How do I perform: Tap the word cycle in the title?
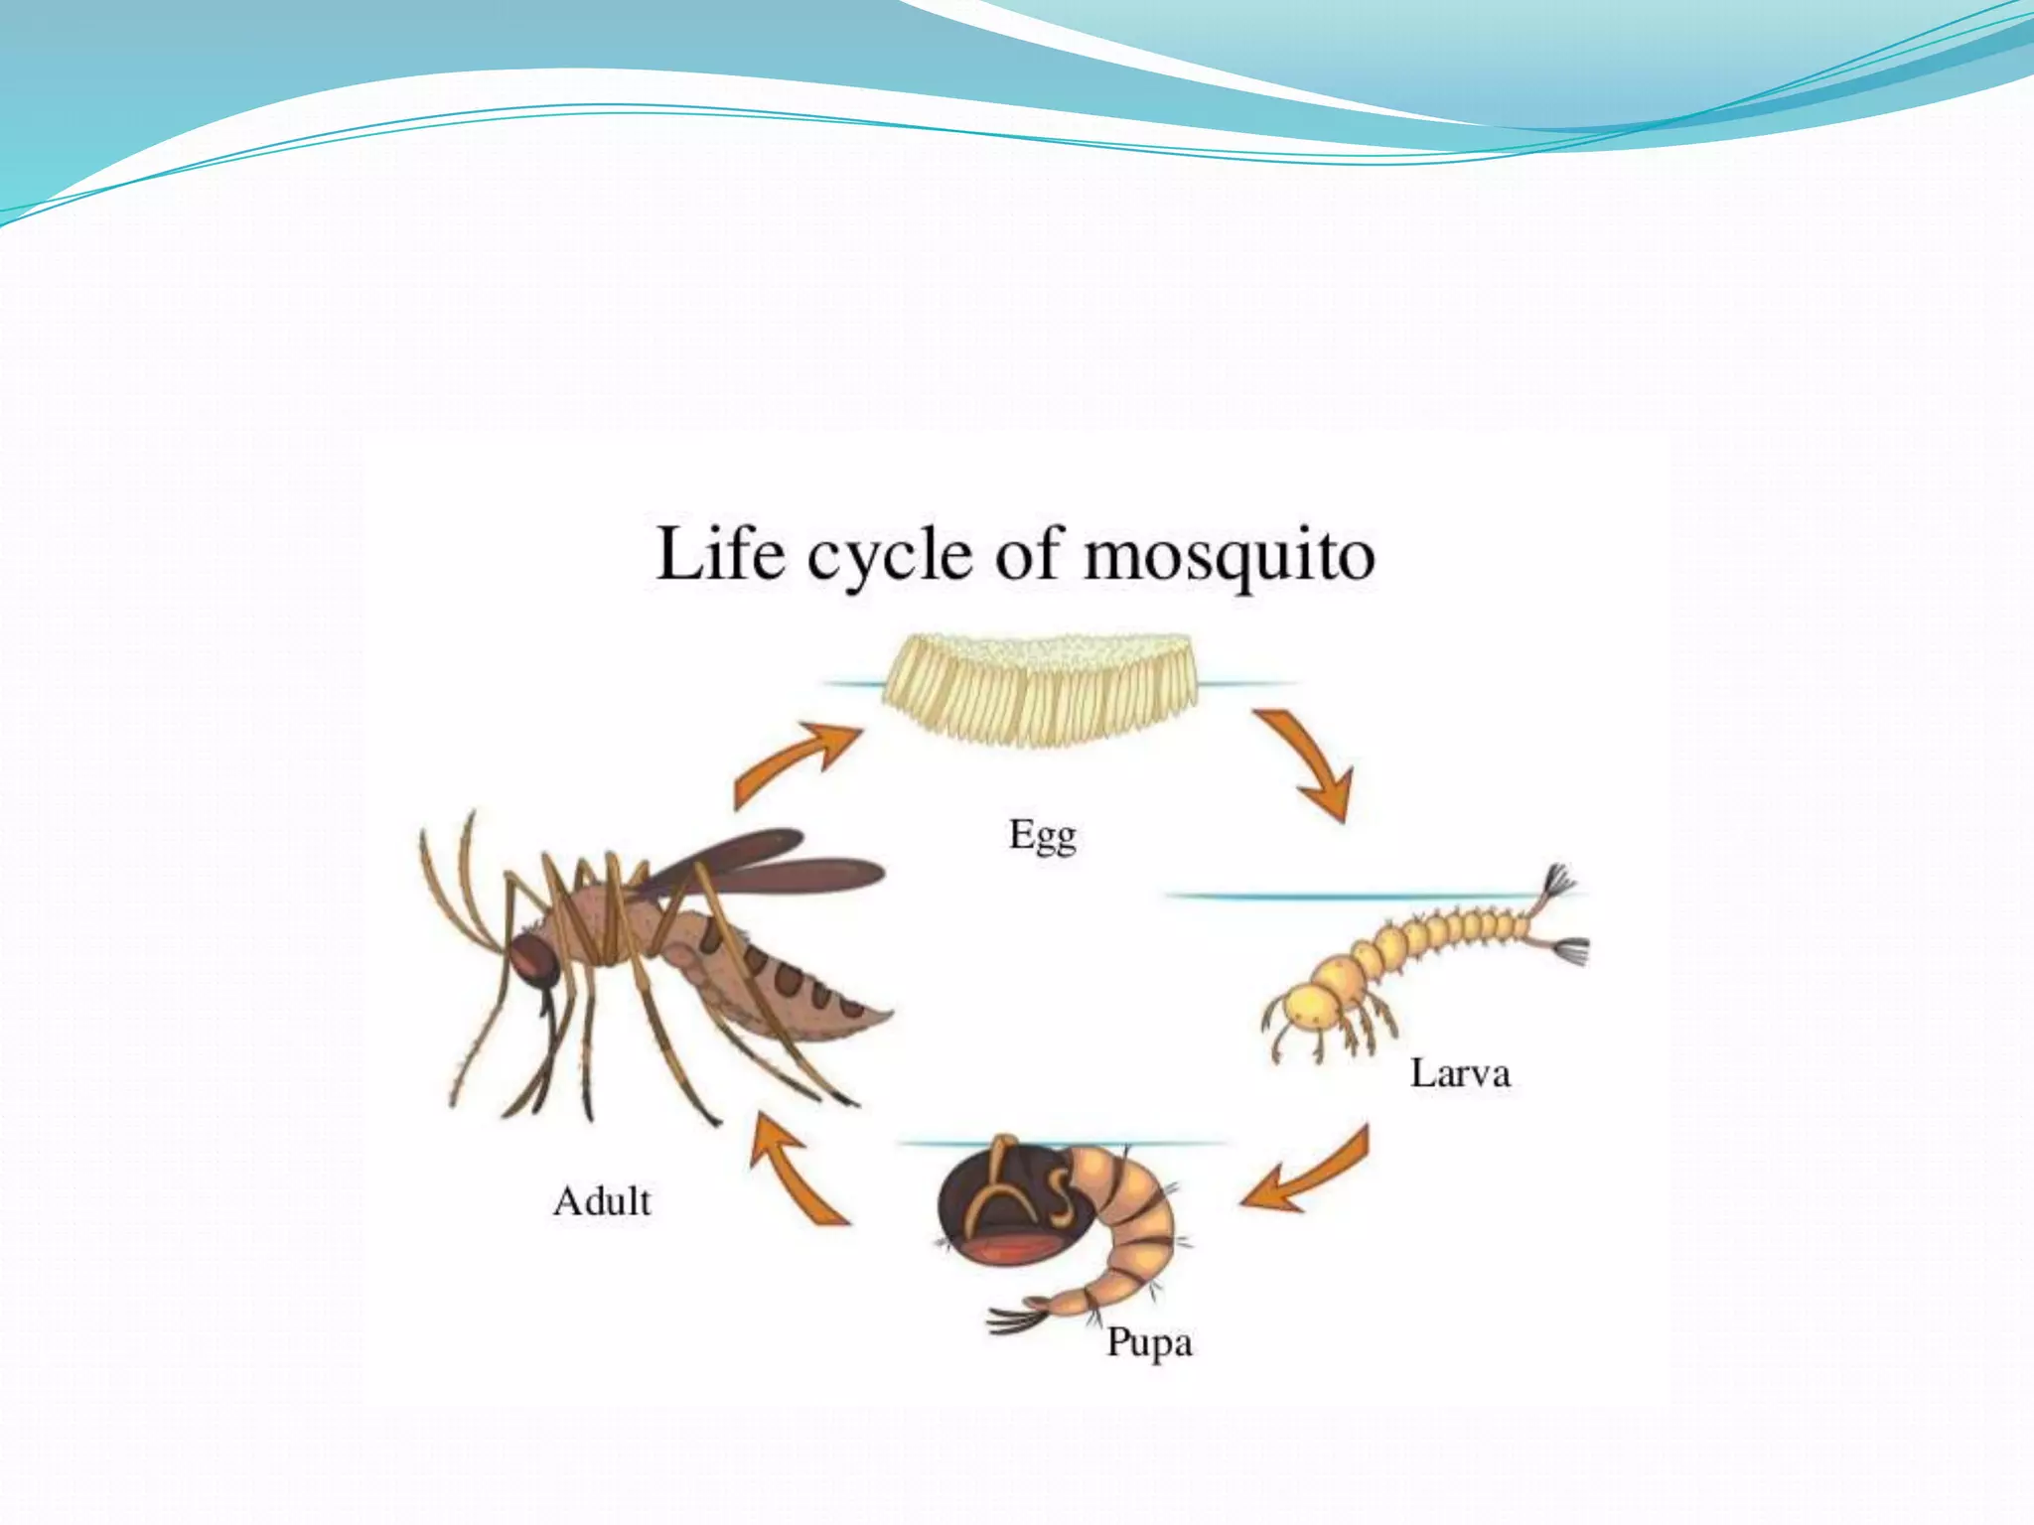[x=889, y=556]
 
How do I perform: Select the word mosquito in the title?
[x=1229, y=556]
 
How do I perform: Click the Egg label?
[x=1042, y=836]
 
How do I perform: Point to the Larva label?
[x=1460, y=1073]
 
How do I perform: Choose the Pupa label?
[x=1149, y=1343]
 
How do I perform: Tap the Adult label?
[x=602, y=1201]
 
